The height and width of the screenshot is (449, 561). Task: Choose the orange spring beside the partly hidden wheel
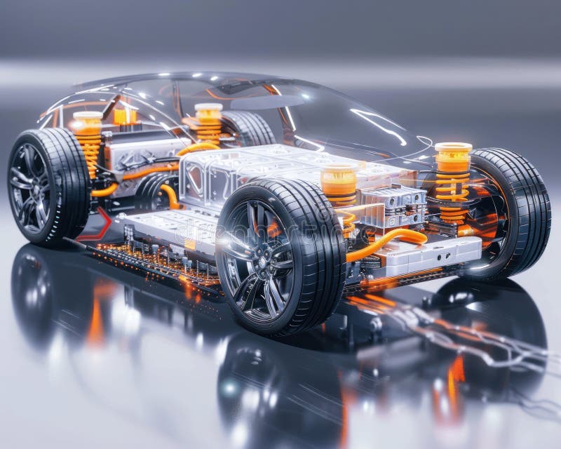point(208,126)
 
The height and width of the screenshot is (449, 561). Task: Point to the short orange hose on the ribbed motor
point(169,196)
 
